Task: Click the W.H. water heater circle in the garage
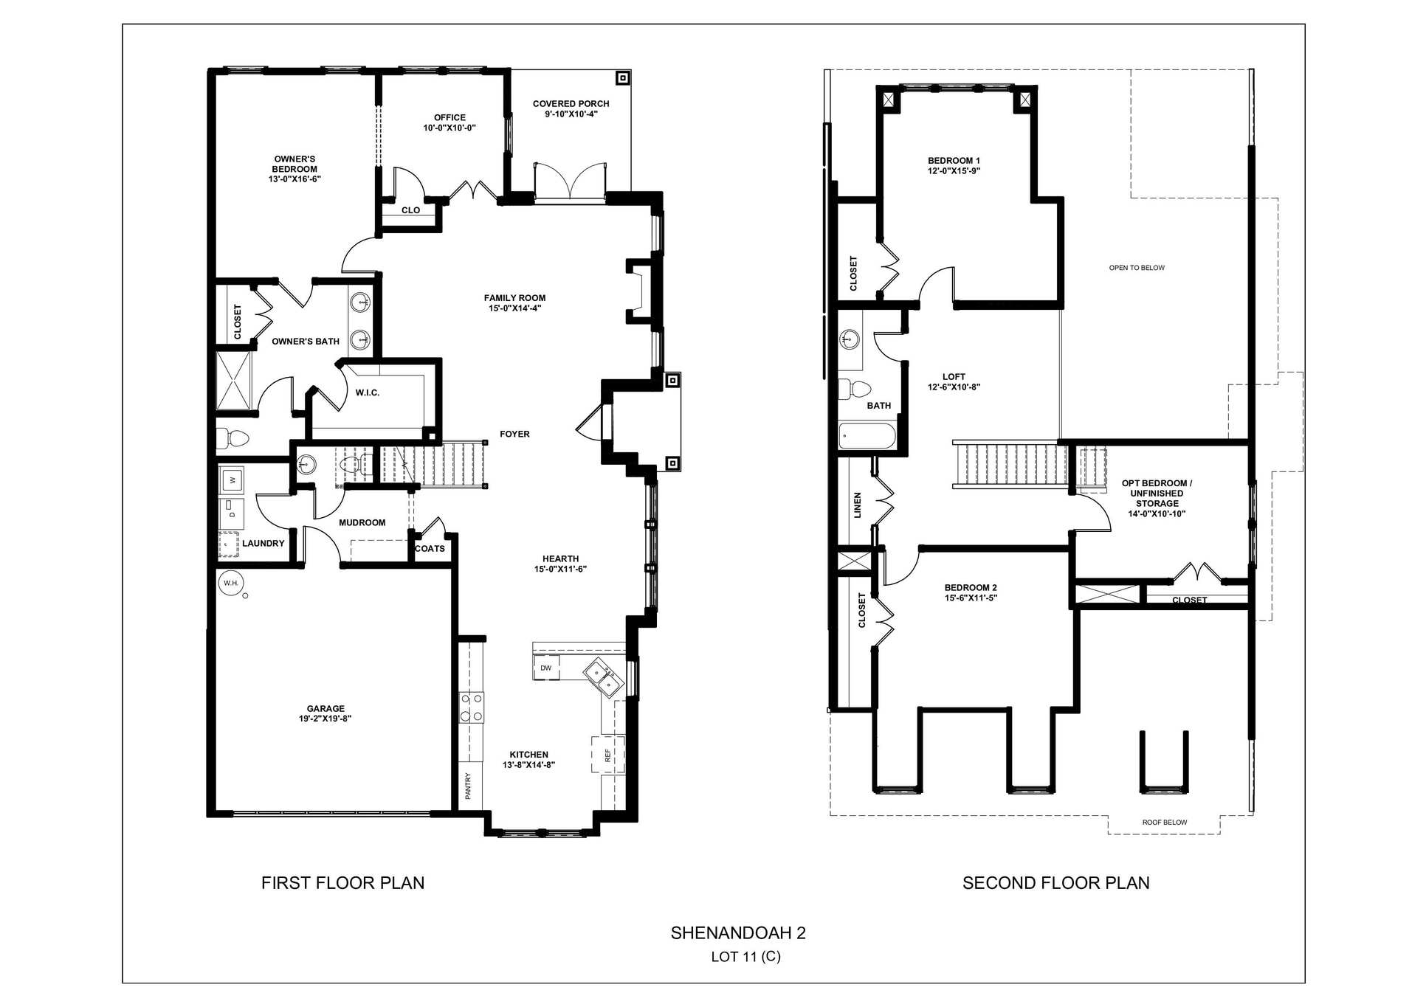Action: (x=231, y=584)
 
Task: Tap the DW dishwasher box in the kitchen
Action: (x=546, y=668)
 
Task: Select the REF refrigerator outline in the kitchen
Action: (x=608, y=755)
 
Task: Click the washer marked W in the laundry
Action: (x=232, y=480)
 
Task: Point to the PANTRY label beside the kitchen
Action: (x=468, y=786)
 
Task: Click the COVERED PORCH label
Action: (x=571, y=104)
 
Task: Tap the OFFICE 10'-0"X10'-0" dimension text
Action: (x=449, y=128)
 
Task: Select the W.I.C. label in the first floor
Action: (x=368, y=393)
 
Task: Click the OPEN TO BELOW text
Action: (x=1137, y=268)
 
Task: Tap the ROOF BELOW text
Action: (x=1165, y=823)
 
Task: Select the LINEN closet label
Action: (x=858, y=505)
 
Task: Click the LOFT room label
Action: (x=954, y=377)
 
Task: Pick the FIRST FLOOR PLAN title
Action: (x=342, y=883)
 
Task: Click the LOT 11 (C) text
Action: (x=745, y=957)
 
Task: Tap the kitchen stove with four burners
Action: (x=472, y=707)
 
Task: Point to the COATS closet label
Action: (x=430, y=549)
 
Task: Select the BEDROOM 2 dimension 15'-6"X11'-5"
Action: (x=971, y=598)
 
